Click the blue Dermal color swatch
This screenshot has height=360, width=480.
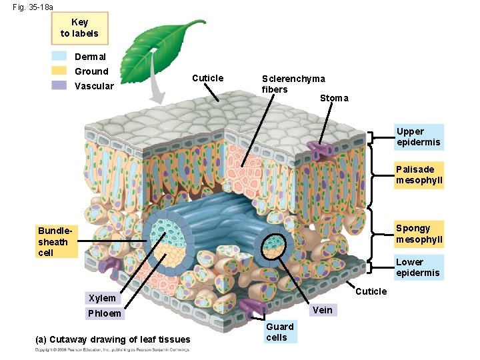59,57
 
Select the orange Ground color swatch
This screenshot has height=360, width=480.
59,71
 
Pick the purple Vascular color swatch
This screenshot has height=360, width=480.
59,85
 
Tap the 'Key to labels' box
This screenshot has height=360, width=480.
79,28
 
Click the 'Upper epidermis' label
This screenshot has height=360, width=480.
418,137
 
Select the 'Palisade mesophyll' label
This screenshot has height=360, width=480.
419,175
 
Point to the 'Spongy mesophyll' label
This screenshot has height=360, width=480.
419,233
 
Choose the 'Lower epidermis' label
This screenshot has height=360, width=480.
418,267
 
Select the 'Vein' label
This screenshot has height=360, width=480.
323,309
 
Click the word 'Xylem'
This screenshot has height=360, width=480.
102,298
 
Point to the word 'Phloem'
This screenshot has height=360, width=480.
104,313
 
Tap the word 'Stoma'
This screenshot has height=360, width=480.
333,98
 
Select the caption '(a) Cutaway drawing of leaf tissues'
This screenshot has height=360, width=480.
112,340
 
